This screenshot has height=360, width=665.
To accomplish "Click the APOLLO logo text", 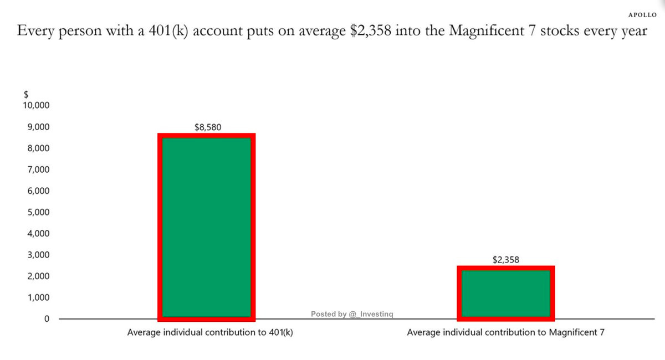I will tap(642, 15).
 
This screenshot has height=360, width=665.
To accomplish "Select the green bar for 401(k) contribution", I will tap(206, 227).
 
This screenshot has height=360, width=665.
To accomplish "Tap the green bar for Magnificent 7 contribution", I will tap(505, 293).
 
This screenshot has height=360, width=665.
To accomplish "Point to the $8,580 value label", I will tap(208, 127).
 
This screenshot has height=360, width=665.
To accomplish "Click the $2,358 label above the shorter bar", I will tap(506, 259).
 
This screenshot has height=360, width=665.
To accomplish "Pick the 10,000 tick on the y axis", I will tap(36, 106).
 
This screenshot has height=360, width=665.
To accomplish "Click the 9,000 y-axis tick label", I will tap(38, 127).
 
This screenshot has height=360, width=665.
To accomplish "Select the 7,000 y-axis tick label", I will tap(38, 169).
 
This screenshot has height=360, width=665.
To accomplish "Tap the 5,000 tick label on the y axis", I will tap(38, 212).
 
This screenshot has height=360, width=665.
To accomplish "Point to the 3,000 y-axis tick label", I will tap(38, 255).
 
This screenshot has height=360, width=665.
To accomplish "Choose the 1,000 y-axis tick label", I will tap(38, 297).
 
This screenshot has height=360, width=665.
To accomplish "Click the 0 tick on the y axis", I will tap(47, 318).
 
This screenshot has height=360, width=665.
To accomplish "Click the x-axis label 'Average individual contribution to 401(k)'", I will tap(210, 333).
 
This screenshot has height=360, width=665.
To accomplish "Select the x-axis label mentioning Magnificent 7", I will tap(505, 333).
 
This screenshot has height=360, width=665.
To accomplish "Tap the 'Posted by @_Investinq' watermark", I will tap(352, 314).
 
